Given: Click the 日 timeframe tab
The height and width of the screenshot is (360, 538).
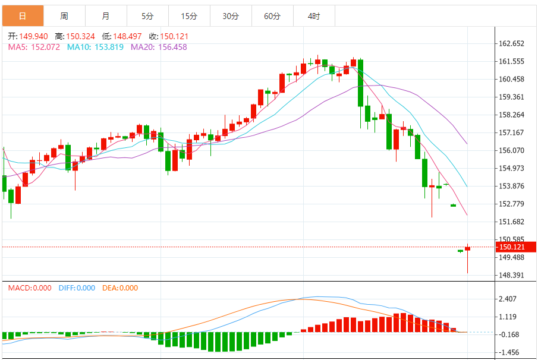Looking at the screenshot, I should tap(23, 16).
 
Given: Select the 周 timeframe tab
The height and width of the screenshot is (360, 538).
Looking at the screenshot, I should tap(64, 16).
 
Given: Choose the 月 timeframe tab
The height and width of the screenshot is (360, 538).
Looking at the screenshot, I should tap(106, 16).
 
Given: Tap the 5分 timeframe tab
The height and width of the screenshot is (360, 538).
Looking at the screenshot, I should tap(147, 16).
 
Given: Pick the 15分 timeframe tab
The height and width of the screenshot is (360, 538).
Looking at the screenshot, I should tap(189, 16).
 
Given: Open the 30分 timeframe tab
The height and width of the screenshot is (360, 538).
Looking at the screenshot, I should tap(231, 16).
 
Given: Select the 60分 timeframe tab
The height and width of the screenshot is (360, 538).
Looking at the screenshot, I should tap(272, 16).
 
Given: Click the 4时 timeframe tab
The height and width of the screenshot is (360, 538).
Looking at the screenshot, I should tap(314, 16).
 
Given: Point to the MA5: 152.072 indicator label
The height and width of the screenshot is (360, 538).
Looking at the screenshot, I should tap(34, 47).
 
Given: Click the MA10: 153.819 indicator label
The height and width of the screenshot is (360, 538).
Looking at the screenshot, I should tap(95, 47).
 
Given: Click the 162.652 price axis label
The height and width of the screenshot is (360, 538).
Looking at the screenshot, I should tap(511, 43).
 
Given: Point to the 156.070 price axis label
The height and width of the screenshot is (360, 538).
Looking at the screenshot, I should tap(511, 150).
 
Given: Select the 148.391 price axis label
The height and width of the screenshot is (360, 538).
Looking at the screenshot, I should tap(511, 275).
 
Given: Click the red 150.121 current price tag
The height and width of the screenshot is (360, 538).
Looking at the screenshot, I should tap(513, 247).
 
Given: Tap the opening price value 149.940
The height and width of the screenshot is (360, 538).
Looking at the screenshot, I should tap(33, 36).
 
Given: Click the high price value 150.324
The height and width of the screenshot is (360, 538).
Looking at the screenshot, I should tap(80, 36).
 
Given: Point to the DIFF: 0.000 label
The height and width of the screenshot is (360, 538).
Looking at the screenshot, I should tap(77, 288).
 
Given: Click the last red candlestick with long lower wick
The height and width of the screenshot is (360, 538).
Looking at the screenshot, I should tap(468, 248).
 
